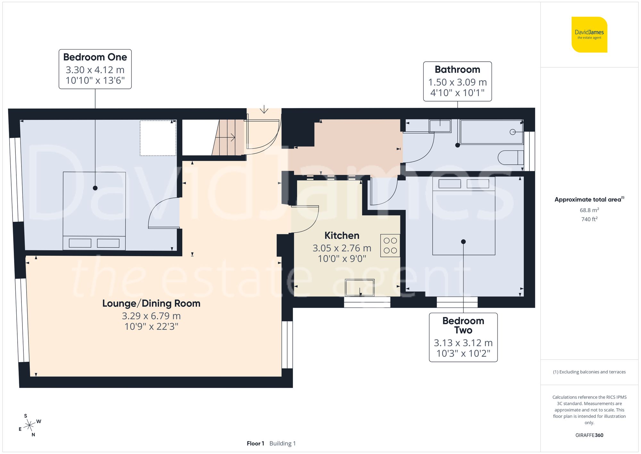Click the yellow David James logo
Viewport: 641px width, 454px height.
589,35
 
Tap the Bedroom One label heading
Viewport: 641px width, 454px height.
95,57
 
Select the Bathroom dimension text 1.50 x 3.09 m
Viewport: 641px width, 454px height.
457,82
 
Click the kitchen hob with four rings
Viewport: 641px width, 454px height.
390,245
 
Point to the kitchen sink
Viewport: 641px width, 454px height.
360,287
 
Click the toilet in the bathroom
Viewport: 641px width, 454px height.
510,158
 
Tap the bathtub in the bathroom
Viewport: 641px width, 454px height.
491,132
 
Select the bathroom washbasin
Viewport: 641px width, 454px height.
440,126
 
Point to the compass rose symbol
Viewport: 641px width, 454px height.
29,425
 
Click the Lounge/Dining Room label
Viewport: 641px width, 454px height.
151,304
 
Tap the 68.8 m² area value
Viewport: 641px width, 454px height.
589,210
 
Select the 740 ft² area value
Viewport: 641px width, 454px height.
589,219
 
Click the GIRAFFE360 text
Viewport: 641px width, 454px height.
589,435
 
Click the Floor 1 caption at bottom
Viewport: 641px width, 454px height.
255,443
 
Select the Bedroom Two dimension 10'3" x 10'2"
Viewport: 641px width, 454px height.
463,353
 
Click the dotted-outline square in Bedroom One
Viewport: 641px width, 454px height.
158,138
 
